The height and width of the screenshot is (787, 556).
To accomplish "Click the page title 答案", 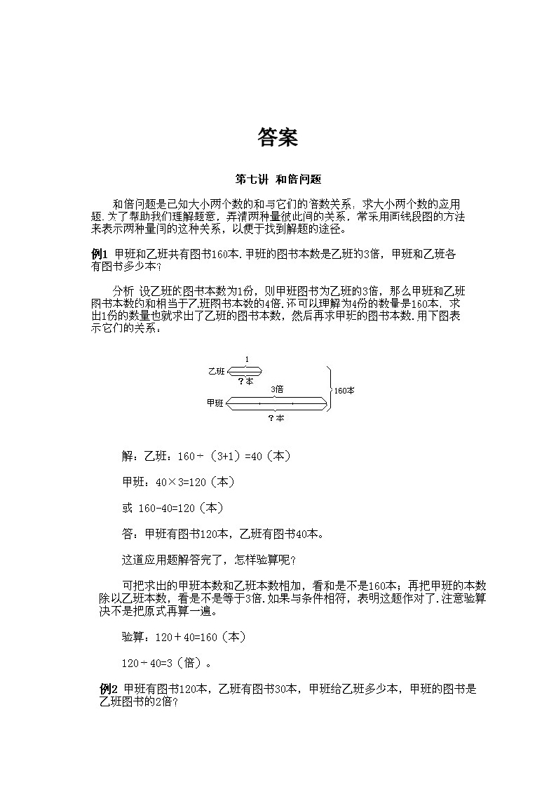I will pyautogui.click(x=278, y=137).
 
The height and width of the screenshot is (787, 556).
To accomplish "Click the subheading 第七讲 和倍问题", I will pyautogui.click(x=278, y=180).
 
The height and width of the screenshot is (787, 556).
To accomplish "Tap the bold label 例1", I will pyautogui.click(x=99, y=254).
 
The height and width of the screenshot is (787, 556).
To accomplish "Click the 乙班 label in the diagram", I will pyautogui.click(x=215, y=371).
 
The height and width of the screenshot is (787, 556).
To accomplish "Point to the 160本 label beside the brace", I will pyautogui.click(x=344, y=390).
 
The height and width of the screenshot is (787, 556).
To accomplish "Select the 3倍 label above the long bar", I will pyautogui.click(x=277, y=389).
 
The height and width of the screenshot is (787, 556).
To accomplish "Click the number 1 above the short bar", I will pyautogui.click(x=246, y=359).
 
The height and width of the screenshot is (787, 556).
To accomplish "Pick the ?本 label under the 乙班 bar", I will pyautogui.click(x=245, y=381).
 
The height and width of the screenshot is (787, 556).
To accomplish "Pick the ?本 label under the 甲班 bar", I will pyautogui.click(x=276, y=417).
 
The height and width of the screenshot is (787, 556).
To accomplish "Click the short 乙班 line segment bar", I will pyautogui.click(x=244, y=371).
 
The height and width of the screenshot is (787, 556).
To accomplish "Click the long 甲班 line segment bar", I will pyautogui.click(x=277, y=403).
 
